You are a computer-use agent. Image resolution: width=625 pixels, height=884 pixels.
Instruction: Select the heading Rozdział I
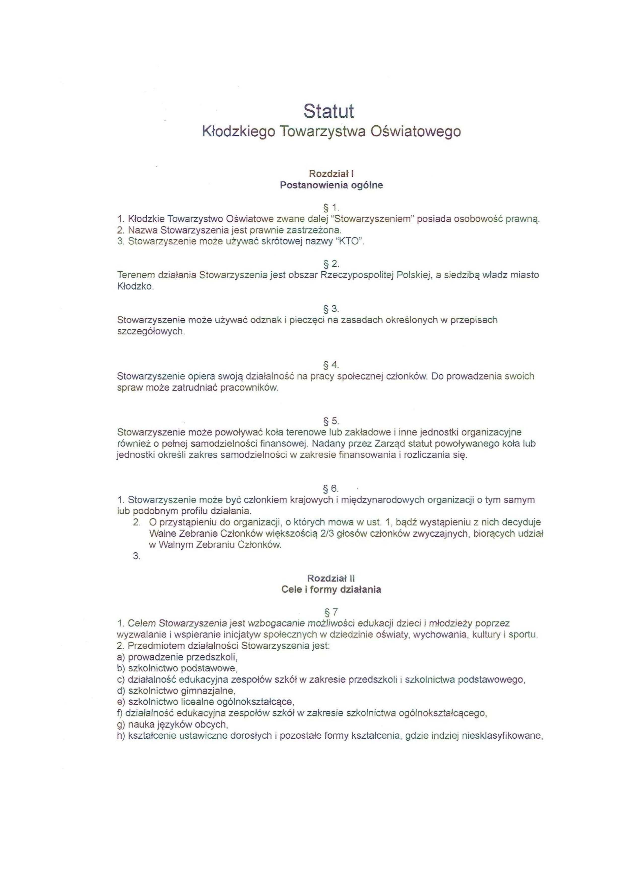331,174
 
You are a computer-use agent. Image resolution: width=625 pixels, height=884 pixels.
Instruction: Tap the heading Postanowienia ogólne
331,185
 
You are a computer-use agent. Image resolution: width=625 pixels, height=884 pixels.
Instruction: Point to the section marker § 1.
331,208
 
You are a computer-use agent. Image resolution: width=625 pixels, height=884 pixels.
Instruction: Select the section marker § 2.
331,264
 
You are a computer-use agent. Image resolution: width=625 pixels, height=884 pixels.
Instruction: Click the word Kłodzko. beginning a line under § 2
135,287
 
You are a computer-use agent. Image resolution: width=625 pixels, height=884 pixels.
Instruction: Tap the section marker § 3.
331,309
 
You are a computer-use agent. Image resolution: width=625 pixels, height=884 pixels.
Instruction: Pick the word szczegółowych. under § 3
151,332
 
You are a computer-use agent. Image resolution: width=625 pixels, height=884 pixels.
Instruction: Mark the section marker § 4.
331,365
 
